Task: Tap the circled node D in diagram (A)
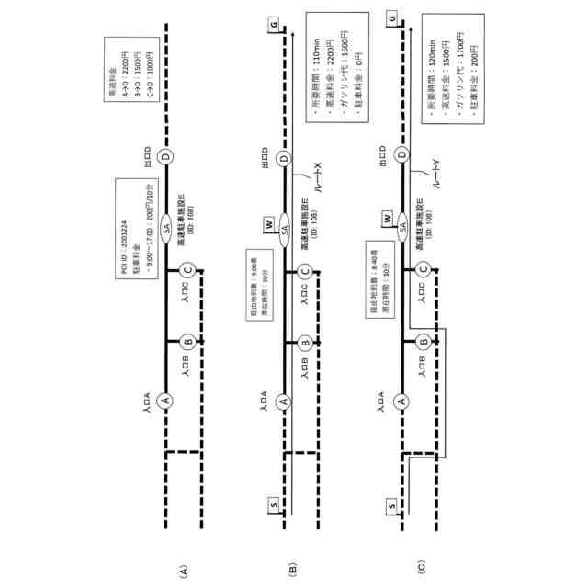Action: tap(165, 158)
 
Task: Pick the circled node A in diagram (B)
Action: tap(284, 401)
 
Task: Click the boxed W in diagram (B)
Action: tap(268, 223)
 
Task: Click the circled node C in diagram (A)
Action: tap(187, 270)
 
